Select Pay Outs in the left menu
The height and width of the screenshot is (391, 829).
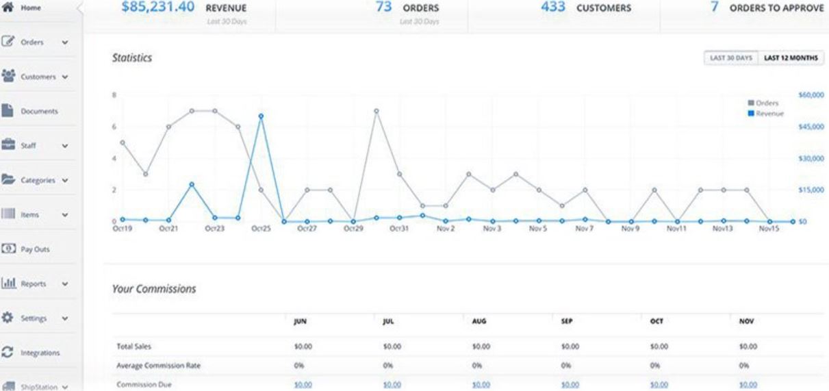click(x=35, y=250)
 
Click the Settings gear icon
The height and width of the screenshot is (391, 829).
click(x=9, y=318)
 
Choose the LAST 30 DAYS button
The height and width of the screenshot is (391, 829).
click(x=731, y=58)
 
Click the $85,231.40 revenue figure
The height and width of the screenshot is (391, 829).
click(x=157, y=8)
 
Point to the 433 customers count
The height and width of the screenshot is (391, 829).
click(x=552, y=8)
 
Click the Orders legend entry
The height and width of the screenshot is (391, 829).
click(x=767, y=103)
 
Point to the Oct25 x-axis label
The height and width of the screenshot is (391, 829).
click(x=261, y=229)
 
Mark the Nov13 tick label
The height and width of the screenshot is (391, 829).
click(x=722, y=229)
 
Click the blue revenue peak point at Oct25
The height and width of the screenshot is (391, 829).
click(x=261, y=116)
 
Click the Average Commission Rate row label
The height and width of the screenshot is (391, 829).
click(x=159, y=366)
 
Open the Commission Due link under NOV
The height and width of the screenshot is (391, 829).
click(x=748, y=385)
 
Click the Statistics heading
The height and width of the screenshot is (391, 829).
click(x=131, y=59)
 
